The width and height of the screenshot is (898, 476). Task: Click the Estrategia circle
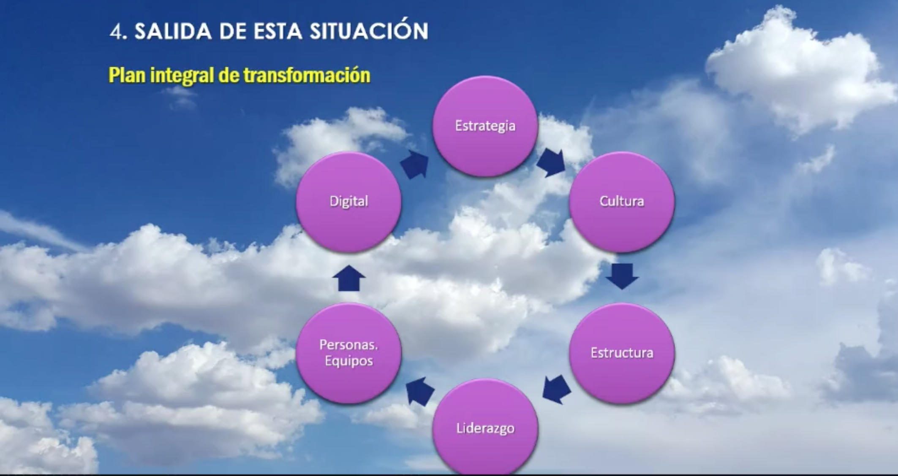(485, 126)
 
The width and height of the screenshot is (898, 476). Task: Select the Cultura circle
(622, 201)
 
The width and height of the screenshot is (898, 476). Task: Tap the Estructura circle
(622, 353)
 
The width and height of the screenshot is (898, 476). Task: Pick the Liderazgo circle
(485, 427)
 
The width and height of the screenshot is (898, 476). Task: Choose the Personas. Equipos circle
(349, 353)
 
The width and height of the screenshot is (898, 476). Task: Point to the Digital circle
(349, 201)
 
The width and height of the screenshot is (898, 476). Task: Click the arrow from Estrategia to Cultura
(551, 162)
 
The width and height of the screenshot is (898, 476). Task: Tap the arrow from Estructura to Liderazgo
(556, 389)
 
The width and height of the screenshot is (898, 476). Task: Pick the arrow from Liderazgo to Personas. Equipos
(420, 391)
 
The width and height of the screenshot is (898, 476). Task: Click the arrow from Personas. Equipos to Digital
(349, 278)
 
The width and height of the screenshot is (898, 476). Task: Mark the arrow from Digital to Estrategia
(414, 164)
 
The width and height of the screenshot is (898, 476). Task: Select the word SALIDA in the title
(173, 32)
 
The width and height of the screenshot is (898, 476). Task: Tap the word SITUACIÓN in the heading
(369, 30)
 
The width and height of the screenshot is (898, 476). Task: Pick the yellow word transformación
(307, 75)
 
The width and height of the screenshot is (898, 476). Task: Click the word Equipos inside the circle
(349, 362)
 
